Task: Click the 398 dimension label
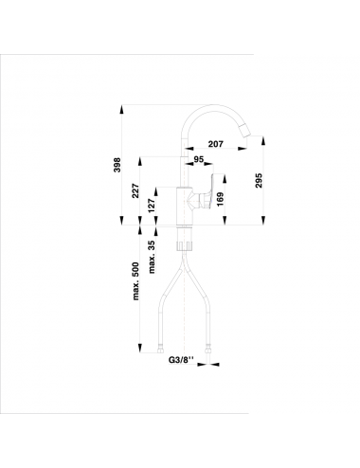117,165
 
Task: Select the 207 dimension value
216,144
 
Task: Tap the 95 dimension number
199,159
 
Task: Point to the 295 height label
259,180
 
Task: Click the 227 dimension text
135,190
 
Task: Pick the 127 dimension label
152,206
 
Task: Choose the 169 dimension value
220,200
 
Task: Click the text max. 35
152,257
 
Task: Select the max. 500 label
135,281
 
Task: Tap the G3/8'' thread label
181,360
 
